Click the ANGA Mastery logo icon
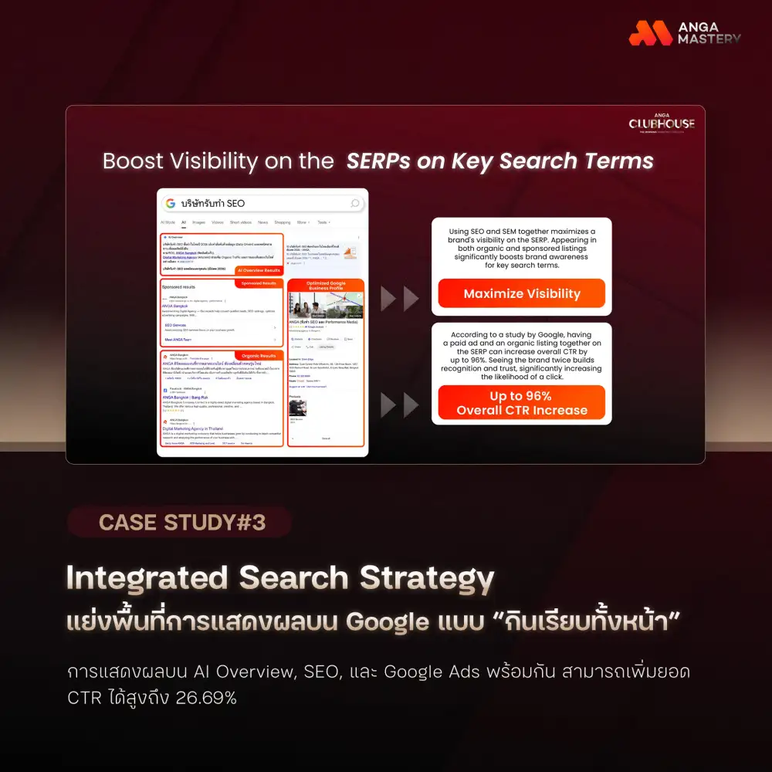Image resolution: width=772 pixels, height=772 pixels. click(x=650, y=32)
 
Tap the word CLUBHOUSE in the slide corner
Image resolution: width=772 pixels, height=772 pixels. click(x=661, y=124)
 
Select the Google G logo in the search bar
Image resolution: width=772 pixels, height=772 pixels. click(x=171, y=203)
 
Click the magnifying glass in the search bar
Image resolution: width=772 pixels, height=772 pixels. click(x=355, y=203)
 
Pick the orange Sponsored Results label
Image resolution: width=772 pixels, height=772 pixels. click(x=259, y=283)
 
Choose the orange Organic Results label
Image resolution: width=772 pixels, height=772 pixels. click(x=259, y=356)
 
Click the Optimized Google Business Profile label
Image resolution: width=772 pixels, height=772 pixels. click(x=324, y=286)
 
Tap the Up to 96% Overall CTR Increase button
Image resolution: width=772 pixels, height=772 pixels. click(x=521, y=403)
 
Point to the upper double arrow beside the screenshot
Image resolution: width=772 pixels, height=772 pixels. click(x=400, y=299)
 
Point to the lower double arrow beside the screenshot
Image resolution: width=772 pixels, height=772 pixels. click(x=400, y=405)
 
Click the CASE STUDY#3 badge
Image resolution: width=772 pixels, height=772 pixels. click(x=181, y=523)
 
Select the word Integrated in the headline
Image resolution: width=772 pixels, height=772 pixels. click(x=146, y=578)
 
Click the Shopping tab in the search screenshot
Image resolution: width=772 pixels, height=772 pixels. click(x=282, y=222)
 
